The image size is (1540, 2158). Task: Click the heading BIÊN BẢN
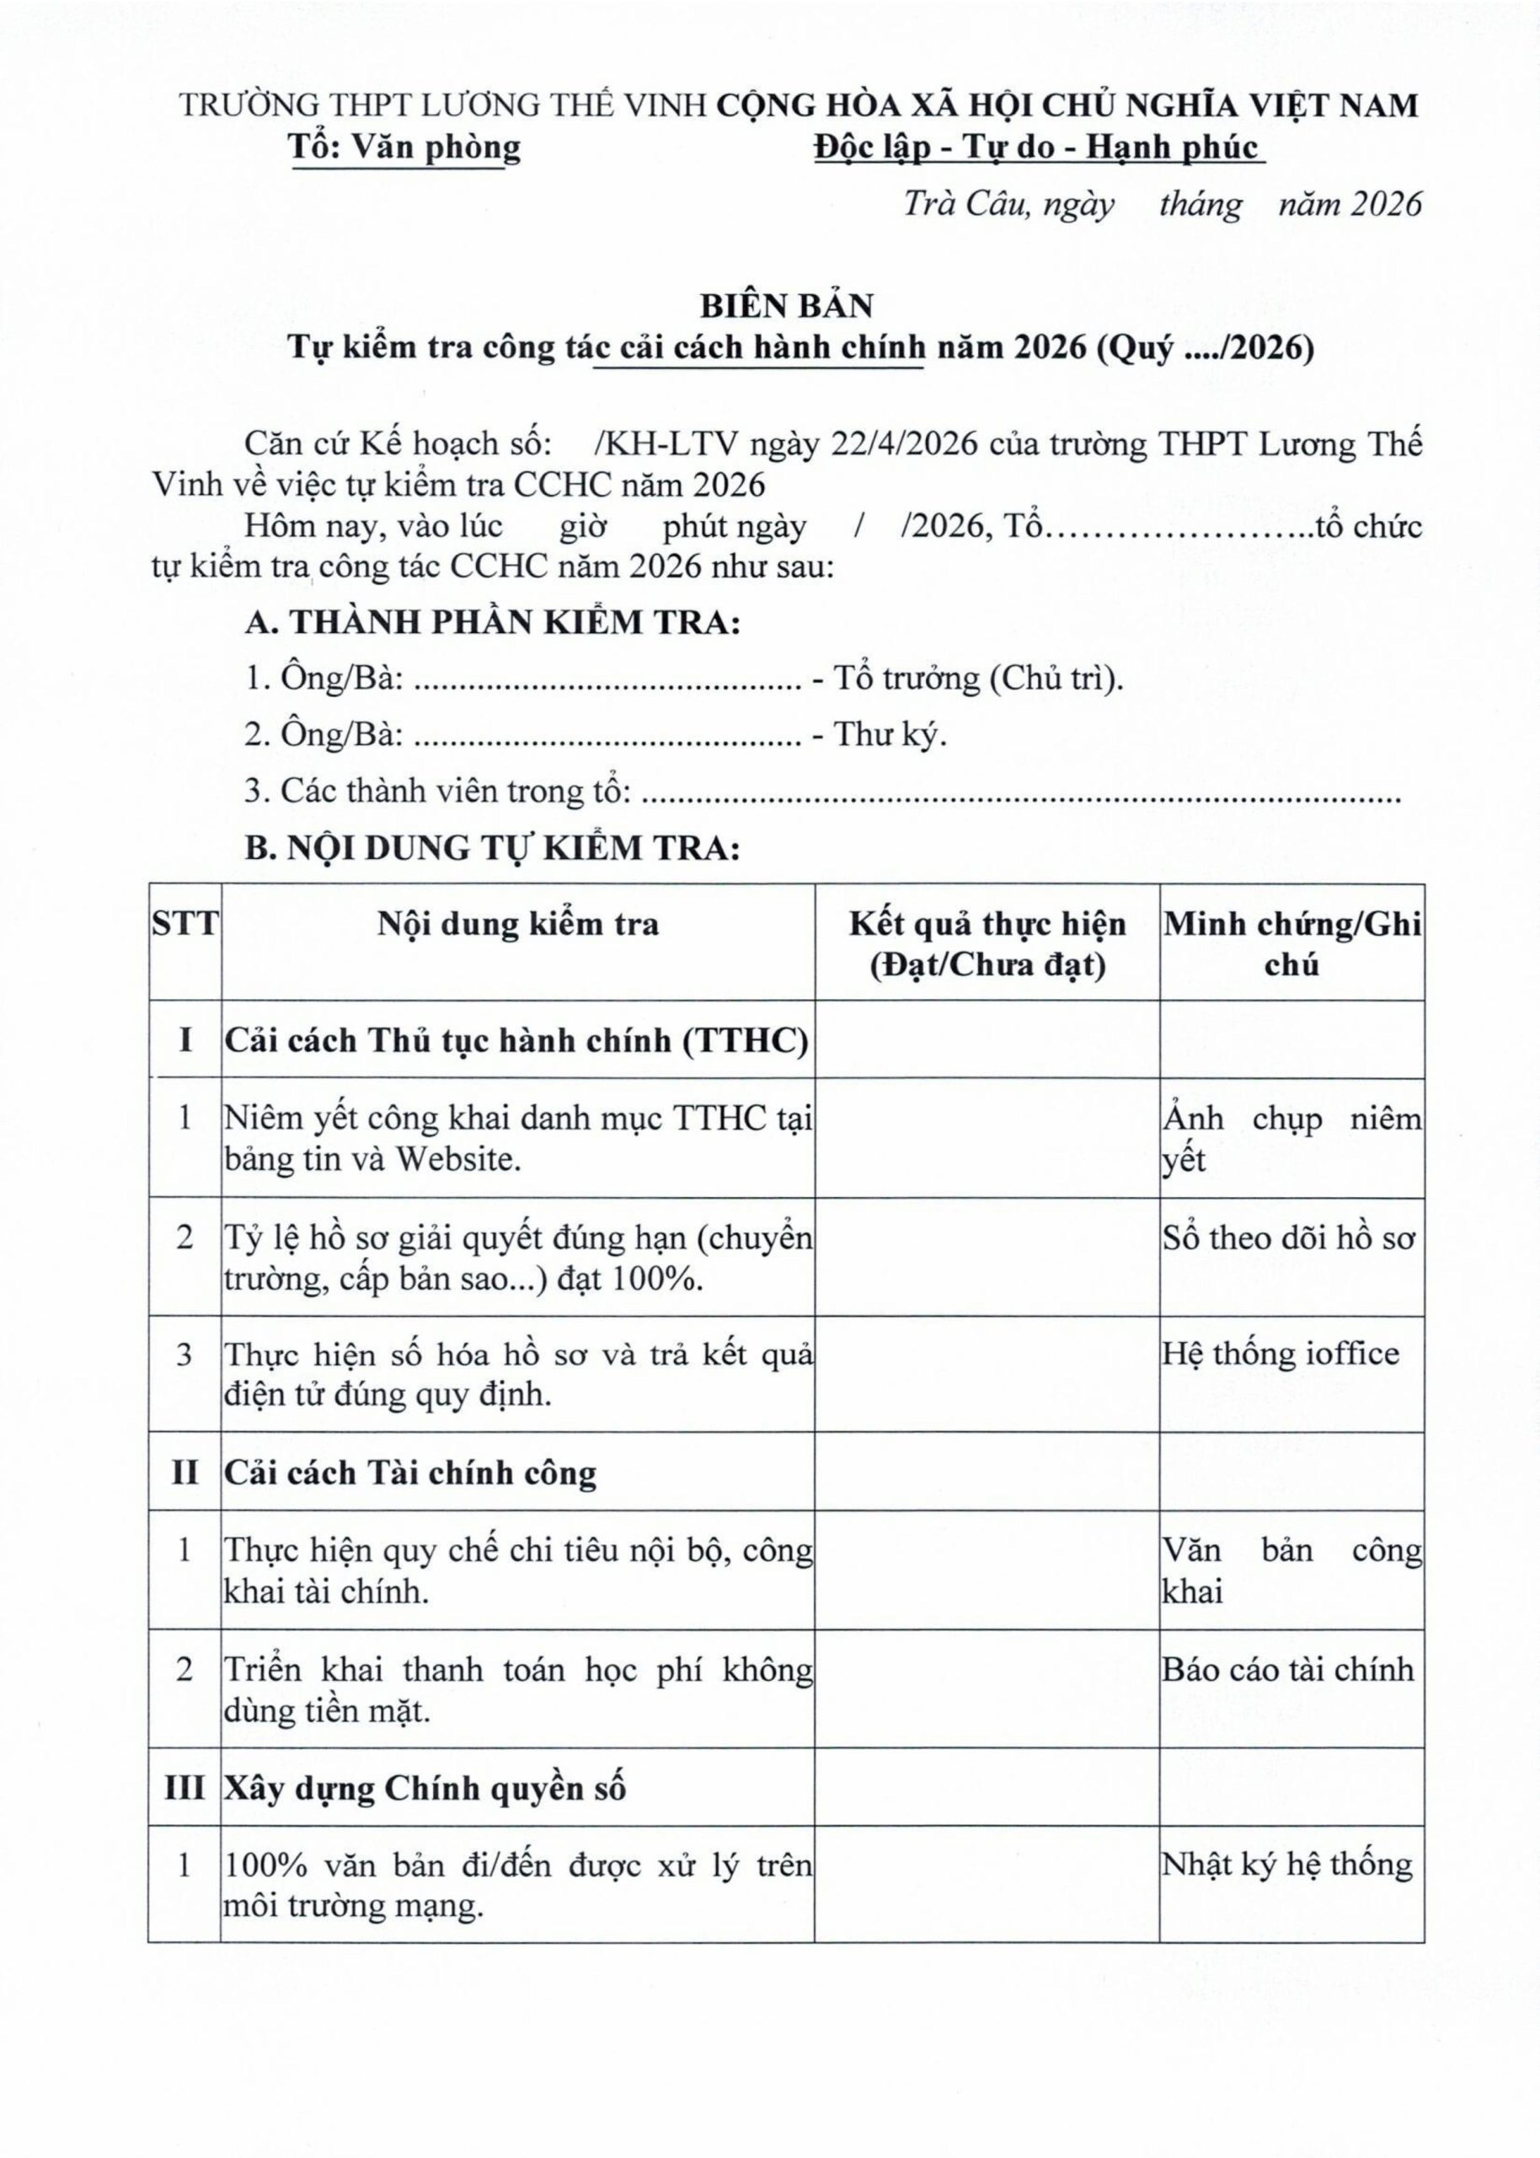pos(787,306)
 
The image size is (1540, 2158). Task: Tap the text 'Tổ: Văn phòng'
pos(406,148)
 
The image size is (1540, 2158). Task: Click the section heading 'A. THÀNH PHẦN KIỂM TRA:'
pos(491,623)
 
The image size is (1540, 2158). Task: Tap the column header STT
pos(184,924)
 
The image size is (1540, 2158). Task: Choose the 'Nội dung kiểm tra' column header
pos(518,924)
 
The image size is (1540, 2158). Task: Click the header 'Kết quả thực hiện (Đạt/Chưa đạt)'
pos(987,944)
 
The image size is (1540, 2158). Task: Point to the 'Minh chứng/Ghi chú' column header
pos(1291,944)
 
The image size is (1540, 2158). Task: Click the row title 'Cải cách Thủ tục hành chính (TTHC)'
pos(516,1040)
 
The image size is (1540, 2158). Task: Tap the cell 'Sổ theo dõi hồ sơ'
pos(1289,1237)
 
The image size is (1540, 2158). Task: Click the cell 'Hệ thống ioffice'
pos(1281,1354)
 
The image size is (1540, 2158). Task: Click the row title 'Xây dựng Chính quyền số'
pos(425,1789)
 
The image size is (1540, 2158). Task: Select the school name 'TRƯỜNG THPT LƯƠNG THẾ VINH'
pos(443,105)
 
